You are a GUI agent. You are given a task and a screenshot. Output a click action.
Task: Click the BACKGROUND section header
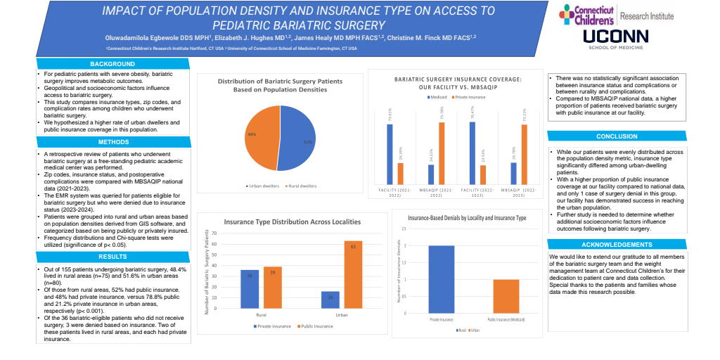click(113, 65)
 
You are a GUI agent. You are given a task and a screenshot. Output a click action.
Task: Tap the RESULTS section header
click(113, 256)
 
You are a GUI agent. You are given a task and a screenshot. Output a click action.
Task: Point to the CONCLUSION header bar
click(617, 136)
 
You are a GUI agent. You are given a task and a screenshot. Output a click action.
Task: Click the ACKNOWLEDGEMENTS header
click(617, 245)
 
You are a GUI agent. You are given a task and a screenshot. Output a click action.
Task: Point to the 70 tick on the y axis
click(214, 232)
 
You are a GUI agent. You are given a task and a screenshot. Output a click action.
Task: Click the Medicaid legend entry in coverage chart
click(439, 96)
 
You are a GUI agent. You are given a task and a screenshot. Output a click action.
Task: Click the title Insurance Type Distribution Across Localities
click(292, 221)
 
